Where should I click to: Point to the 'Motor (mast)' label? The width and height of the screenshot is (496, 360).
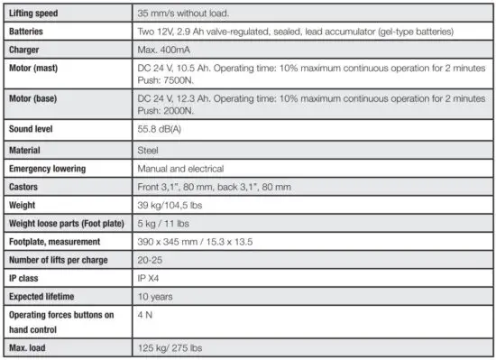pyautogui.click(x=36, y=68)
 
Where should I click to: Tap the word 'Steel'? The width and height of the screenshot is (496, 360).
pyautogui.click(x=148, y=150)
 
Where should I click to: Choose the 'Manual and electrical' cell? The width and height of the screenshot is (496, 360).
pyautogui.click(x=180, y=168)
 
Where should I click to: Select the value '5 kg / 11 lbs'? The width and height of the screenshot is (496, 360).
pyautogui.click(x=164, y=223)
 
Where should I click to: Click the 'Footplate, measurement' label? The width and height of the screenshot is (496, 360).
pyautogui.click(x=56, y=242)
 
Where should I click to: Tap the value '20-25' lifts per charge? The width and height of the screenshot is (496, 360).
pyautogui.click(x=151, y=260)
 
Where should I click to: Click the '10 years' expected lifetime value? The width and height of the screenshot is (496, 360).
pyautogui.click(x=155, y=296)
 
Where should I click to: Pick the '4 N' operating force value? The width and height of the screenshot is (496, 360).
pyautogui.click(x=144, y=315)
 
